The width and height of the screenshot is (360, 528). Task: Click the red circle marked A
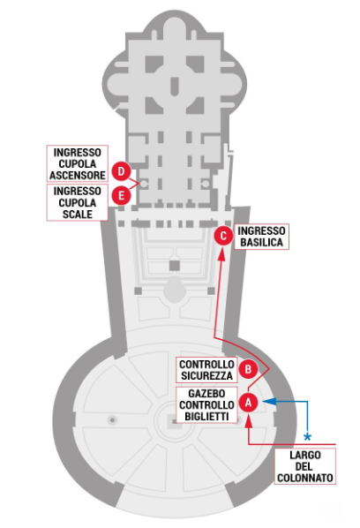[248, 402]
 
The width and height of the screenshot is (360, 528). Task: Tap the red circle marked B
[248, 369]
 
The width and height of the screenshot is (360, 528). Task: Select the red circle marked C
[223, 236]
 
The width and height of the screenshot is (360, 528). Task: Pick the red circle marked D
[121, 171]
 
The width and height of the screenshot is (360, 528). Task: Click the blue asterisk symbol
[307, 437]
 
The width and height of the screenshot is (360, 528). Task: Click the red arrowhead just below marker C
[221, 254]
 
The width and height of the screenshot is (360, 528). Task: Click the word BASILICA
[261, 242]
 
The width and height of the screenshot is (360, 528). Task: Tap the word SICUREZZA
[206, 375]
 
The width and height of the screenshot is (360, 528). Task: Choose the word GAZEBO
[206, 393]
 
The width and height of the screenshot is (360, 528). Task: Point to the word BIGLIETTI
[206, 416]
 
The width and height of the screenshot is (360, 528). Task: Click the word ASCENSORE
[78, 175]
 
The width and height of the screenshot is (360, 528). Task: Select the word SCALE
[78, 215]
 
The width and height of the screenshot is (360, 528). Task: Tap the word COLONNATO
[305, 478]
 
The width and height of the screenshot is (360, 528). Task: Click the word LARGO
[305, 456]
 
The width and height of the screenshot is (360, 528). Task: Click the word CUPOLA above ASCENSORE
[78, 163]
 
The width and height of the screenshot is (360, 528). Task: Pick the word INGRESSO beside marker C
[261, 230]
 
